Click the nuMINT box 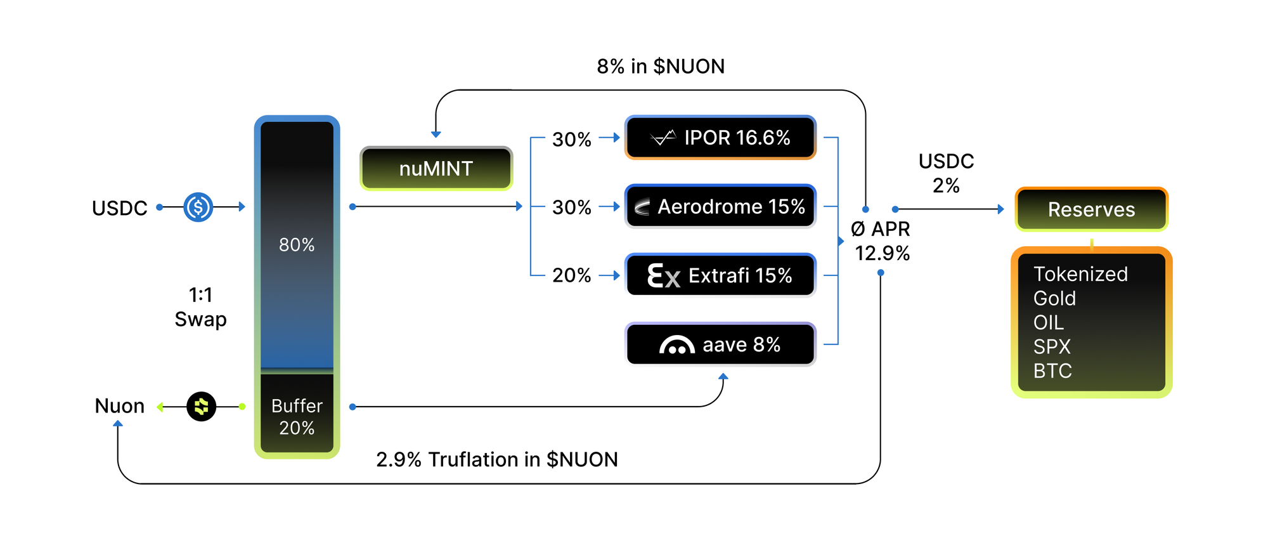[x=436, y=169]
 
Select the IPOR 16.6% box [x=720, y=138]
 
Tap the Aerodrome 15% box [x=720, y=207]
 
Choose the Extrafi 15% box [x=720, y=275]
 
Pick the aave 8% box [x=720, y=345]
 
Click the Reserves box [x=1091, y=209]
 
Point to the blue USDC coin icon [x=198, y=207]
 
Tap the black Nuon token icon [x=202, y=407]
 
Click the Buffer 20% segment [x=297, y=416]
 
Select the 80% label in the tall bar [x=297, y=245]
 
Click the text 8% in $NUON [x=661, y=67]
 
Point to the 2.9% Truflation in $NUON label [x=497, y=459]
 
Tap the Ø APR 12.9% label [x=881, y=241]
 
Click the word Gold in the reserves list [x=1054, y=298]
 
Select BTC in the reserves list [x=1052, y=371]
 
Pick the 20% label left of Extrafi [x=571, y=275]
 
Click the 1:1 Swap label [x=200, y=307]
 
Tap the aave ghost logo [x=676, y=345]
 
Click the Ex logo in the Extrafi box [x=663, y=276]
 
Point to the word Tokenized [x=1080, y=274]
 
